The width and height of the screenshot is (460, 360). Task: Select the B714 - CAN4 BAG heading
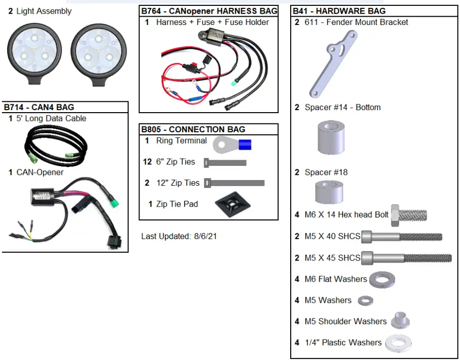click(39, 107)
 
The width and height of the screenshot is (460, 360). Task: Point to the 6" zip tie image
click(225, 163)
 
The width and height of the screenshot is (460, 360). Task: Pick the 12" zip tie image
click(234, 183)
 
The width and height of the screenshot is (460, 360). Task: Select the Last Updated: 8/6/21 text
click(179, 236)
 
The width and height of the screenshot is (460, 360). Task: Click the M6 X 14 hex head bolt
click(409, 215)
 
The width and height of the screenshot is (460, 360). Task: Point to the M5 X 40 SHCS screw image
click(402, 237)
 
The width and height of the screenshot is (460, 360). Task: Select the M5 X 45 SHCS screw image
click(406, 258)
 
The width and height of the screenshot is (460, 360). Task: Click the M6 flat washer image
click(382, 280)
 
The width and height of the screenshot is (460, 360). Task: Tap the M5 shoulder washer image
click(400, 321)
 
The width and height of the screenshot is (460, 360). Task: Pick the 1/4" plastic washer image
click(398, 343)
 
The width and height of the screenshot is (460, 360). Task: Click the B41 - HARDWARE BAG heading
click(339, 11)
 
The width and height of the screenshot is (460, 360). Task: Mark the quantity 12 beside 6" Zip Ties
click(148, 162)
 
